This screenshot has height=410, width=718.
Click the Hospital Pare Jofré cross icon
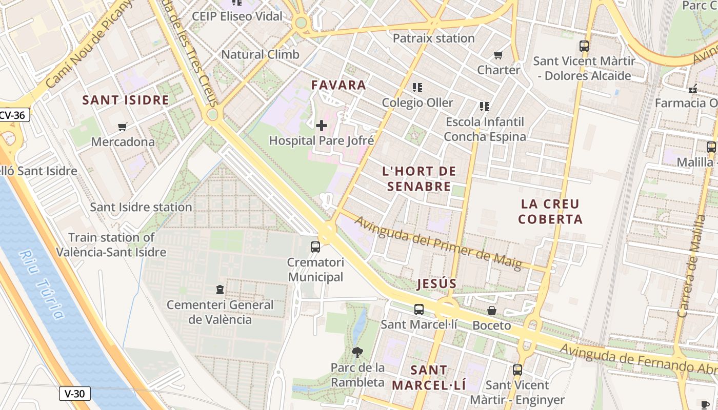(x=322, y=125)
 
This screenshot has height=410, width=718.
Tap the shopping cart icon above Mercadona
(x=123, y=127)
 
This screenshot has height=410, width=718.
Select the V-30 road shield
(x=75, y=394)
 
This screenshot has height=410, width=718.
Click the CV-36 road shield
(x=13, y=115)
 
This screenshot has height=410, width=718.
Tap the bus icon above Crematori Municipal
(x=315, y=247)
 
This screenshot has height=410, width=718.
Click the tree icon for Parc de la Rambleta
(x=357, y=352)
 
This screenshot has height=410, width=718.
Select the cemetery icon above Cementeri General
(x=220, y=290)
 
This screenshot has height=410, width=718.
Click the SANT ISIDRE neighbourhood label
(x=126, y=100)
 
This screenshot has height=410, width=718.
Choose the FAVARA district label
(x=339, y=85)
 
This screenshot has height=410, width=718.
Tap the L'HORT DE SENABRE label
(x=419, y=179)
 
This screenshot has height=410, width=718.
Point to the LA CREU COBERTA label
(x=550, y=212)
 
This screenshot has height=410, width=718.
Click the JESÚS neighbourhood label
(x=436, y=284)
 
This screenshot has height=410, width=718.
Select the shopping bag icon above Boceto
(x=492, y=310)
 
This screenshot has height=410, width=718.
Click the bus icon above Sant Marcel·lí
(x=419, y=309)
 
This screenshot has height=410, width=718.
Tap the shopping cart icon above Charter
(x=498, y=55)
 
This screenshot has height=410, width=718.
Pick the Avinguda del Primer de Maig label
(x=438, y=243)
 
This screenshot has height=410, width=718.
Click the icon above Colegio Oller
(x=417, y=88)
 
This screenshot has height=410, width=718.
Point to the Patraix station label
(x=434, y=38)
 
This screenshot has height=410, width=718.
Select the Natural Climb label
(x=260, y=54)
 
